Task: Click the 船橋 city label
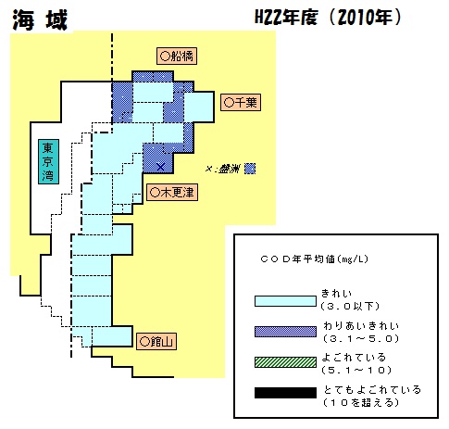click(177, 57)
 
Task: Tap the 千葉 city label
click(241, 102)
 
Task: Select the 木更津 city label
click(172, 193)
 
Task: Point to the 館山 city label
click(156, 341)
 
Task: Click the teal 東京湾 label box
click(48, 162)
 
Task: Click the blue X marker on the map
click(160, 167)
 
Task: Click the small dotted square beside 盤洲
click(250, 169)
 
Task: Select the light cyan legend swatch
click(285, 301)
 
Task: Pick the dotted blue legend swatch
click(285, 332)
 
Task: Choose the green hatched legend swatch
click(285, 362)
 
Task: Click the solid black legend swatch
click(285, 393)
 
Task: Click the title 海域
click(40, 20)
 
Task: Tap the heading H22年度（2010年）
click(328, 18)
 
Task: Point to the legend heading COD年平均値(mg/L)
click(315, 259)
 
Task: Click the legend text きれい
click(337, 293)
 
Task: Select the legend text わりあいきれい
click(361, 325)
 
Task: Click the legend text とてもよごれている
click(372, 389)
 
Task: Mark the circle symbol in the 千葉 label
click(229, 103)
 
